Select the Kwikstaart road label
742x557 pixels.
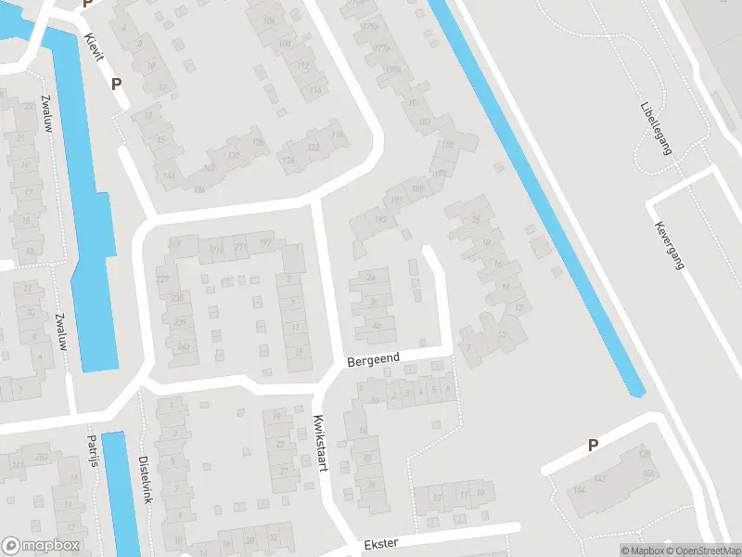coord(321,443)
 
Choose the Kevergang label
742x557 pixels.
coord(669,245)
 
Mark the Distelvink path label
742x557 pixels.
coord(144,479)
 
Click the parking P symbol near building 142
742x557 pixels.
coord(593,446)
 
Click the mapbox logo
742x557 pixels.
coord(41,546)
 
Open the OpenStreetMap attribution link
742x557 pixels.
coord(700,551)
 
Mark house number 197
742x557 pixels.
coord(265,243)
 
